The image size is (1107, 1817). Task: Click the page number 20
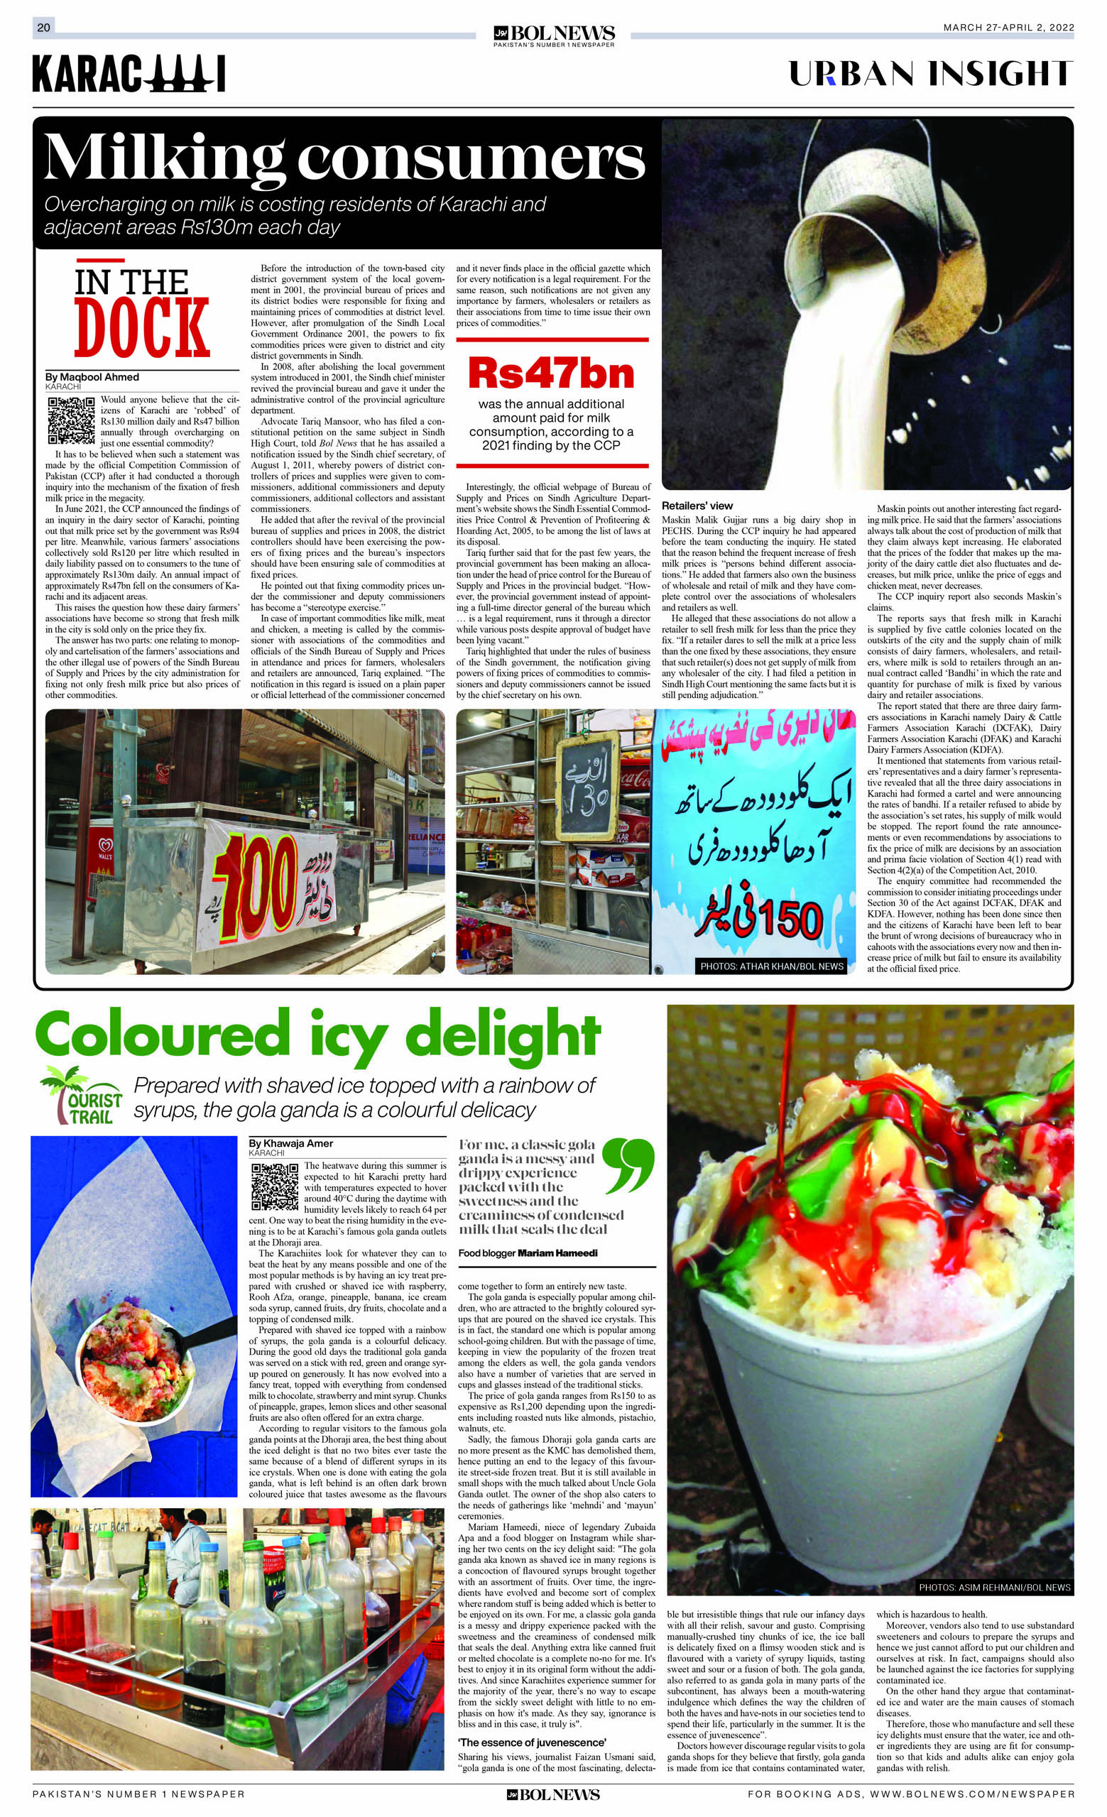[43, 27]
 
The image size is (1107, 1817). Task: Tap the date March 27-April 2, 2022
[1008, 27]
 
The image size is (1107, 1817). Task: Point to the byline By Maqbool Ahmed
[92, 377]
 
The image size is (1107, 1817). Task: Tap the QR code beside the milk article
[71, 420]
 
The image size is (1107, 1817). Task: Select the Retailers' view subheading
[697, 506]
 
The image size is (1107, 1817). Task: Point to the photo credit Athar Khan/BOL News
[771, 966]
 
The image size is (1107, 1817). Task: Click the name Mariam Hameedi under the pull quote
[557, 1253]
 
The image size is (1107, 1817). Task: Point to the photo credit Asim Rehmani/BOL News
[993, 1587]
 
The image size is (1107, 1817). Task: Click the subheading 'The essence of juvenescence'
[532, 1742]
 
